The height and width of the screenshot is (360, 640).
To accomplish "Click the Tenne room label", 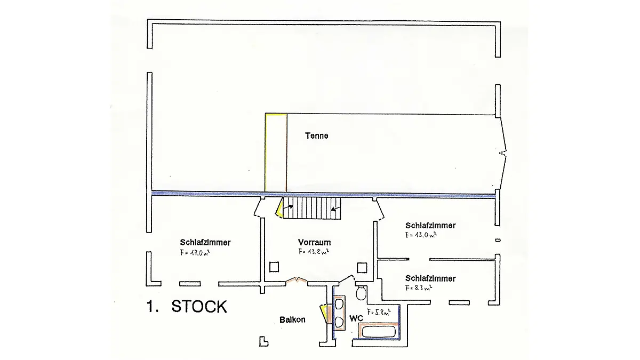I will point(316,135).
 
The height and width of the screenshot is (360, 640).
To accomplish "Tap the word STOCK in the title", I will point(199,307).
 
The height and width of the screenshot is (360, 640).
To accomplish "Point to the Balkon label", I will point(292,320).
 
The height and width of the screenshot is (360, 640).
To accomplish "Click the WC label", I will point(356,318).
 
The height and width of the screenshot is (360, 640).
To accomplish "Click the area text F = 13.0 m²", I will point(421,234).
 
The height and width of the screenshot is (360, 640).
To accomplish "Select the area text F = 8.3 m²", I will point(418,287).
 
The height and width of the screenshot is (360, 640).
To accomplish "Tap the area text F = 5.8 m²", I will point(379,311).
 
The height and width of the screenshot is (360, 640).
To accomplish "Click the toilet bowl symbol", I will point(361,292).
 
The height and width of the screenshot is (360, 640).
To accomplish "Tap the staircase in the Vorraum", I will point(311,207).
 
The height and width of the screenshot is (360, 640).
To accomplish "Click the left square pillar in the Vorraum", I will point(275,266).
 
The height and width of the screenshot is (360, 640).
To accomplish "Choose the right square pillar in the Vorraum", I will point(362,266).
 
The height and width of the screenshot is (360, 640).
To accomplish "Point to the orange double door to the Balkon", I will point(296,279).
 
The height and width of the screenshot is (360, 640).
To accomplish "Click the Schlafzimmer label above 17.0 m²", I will point(205,242).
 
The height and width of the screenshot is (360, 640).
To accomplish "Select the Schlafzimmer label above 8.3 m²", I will point(430,278).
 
